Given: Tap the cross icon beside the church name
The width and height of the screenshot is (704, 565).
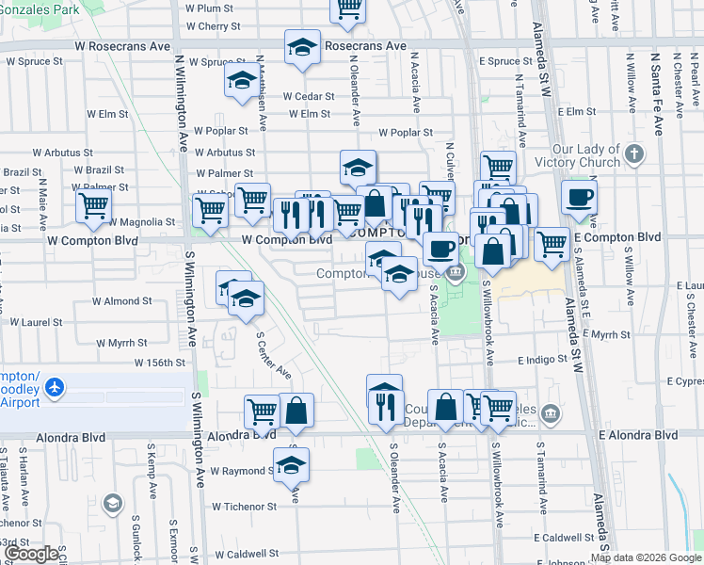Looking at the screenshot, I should pyautogui.click(x=634, y=153).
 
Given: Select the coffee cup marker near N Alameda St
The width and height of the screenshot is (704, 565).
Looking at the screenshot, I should pyautogui.click(x=579, y=197).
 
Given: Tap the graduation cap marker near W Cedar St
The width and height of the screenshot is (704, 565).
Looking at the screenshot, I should pyautogui.click(x=242, y=80).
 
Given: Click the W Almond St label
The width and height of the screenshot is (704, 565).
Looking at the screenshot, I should pyautogui.click(x=121, y=301).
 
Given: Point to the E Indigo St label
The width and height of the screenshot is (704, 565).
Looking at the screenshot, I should pyautogui.click(x=542, y=359).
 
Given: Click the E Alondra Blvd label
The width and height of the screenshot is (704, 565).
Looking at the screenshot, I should pyautogui.click(x=638, y=435).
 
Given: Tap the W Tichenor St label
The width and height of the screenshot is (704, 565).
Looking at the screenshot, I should pyautogui.click(x=244, y=506).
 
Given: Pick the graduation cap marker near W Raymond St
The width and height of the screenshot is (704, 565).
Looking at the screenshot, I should pyautogui.click(x=291, y=464).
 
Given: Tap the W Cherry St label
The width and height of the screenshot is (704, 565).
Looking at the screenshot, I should pyautogui.click(x=213, y=26).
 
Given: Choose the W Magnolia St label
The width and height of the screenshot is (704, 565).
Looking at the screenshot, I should pyautogui.click(x=142, y=222).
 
